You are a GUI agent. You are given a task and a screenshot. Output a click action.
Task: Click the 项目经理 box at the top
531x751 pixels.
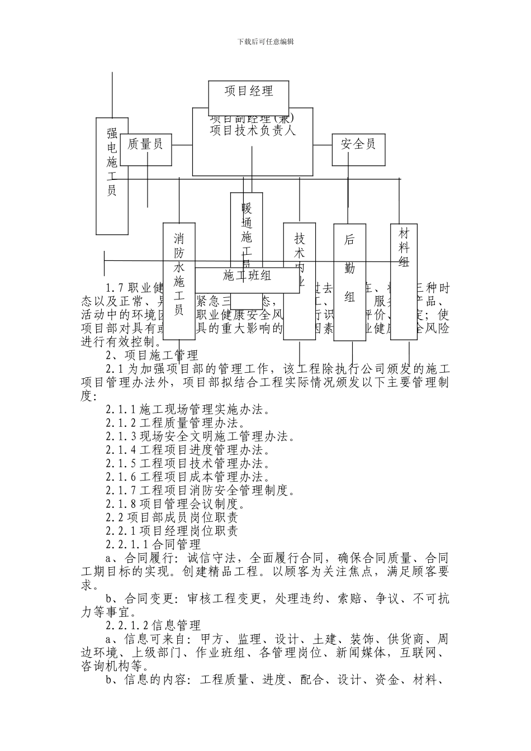pyautogui.click(x=249, y=92)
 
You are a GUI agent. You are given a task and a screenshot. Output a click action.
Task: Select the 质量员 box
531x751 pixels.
pyautogui.click(x=145, y=145)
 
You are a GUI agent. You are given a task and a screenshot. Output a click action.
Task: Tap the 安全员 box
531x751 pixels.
pyautogui.click(x=358, y=145)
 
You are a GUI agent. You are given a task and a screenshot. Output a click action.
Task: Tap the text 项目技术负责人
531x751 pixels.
pyautogui.click(x=252, y=131)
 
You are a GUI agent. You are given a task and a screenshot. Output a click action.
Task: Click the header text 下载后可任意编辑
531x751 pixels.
pyautogui.click(x=265, y=41)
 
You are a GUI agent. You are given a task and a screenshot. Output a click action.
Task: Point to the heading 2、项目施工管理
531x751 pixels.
pyautogui.click(x=152, y=355)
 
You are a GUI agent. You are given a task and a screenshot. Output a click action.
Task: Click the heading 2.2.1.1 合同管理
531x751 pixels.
pyautogui.click(x=153, y=544)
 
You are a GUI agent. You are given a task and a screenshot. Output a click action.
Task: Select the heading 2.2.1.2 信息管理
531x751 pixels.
pyautogui.click(x=153, y=625)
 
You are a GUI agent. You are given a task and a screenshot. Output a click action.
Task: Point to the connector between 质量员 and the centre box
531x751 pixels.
pyautogui.click(x=182, y=145)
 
